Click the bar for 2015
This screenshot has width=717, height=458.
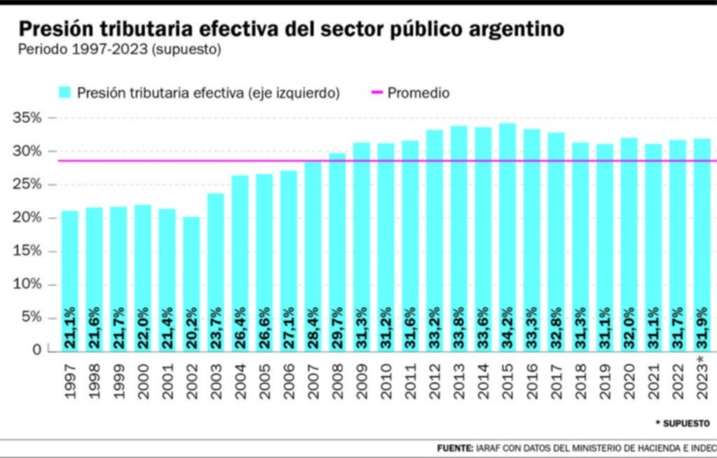pyautogui.click(x=507, y=237)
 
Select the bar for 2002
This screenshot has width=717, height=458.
pyautogui.click(x=191, y=283)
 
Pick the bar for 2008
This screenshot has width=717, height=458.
pyautogui.click(x=337, y=252)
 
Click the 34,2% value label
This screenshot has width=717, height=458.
pyautogui.click(x=507, y=329)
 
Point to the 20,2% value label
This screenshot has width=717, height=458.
pyautogui.click(x=191, y=329)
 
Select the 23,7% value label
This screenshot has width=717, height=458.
pyautogui.click(x=216, y=329)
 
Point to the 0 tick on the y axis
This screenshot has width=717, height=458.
pyautogui.click(x=39, y=350)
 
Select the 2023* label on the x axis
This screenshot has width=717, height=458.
pyautogui.click(x=702, y=377)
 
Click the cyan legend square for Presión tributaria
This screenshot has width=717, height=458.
pyautogui.click(x=65, y=92)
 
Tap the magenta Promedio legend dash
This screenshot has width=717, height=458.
pyautogui.click(x=376, y=92)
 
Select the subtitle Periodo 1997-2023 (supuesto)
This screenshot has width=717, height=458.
pyautogui.click(x=119, y=48)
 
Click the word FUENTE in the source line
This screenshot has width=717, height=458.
pyautogui.click(x=456, y=447)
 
